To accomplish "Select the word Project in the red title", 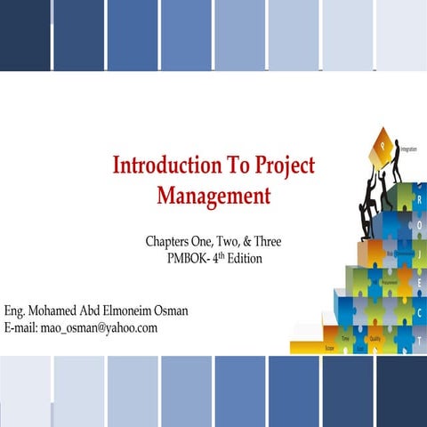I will pos(283,165).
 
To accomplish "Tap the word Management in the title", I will pos(213,194).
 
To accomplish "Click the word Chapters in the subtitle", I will pos(168,242).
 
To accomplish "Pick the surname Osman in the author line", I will pos(168,310).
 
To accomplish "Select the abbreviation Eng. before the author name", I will pos(15,310).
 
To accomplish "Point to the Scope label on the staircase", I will pos(330,348).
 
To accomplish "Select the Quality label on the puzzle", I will pos(377,338).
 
